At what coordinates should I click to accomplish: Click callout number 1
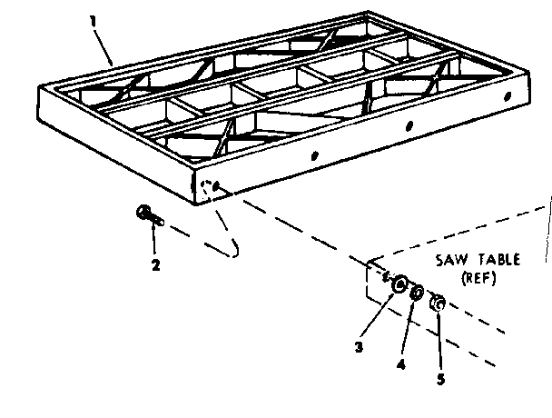coord(93,21)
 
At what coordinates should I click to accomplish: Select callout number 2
coord(155,264)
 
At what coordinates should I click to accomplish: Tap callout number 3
coord(359,347)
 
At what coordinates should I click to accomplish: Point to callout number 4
coord(401,364)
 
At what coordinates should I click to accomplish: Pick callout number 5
coord(440,379)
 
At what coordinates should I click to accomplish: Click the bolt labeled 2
coord(150,215)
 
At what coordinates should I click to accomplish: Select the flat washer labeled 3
coord(399,284)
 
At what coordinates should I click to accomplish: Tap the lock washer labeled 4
coord(417,293)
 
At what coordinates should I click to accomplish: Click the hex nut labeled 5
coord(438,303)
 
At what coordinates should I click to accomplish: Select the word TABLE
coord(499,260)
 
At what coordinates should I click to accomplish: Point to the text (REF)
coord(478,278)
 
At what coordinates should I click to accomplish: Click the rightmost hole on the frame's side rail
coord(508,95)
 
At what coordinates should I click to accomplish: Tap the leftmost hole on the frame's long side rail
coord(315,155)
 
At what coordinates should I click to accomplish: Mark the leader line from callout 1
coord(103,47)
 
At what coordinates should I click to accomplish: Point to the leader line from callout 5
coord(439,341)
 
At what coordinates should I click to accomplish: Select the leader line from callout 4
coord(408,329)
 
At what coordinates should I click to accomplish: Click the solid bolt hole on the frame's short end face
coord(217,185)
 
